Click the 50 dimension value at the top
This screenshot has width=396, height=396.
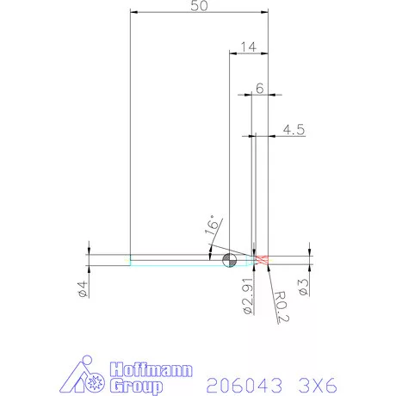197,6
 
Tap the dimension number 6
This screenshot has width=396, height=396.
259,88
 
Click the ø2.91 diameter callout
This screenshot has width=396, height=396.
247,295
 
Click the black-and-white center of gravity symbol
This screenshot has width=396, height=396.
229,260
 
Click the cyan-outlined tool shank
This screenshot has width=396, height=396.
172,260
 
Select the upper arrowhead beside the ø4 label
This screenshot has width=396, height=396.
90,251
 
